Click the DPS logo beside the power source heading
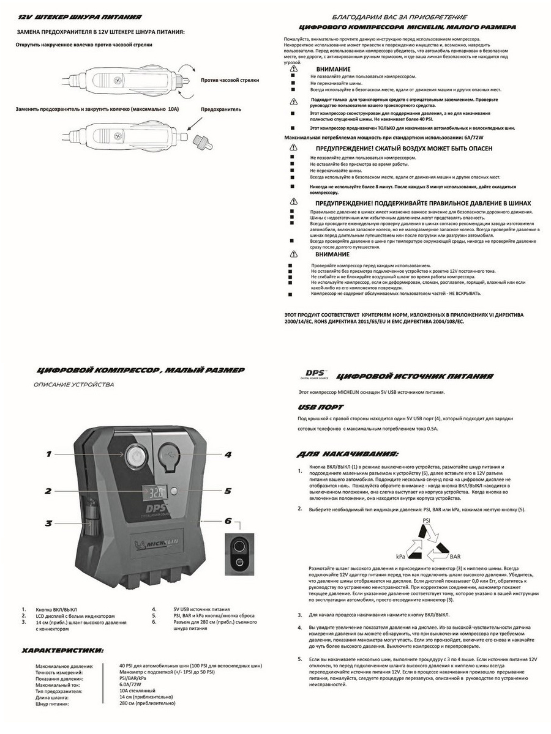tap(316, 374)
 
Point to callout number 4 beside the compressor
tap(227, 454)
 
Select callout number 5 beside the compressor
tap(227, 490)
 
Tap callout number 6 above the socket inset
tap(228, 521)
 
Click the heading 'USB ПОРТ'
tap(317, 407)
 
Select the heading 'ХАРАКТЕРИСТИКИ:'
tap(62, 650)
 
